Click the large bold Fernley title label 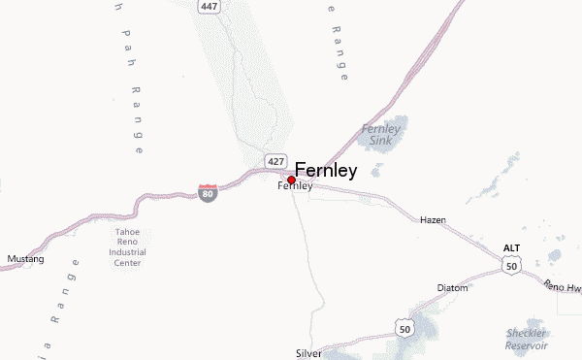coord(326,170)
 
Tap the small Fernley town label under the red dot coord(295,186)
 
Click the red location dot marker coord(291,180)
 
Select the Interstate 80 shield coord(208,192)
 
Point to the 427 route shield coord(275,159)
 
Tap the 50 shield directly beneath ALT coord(511,265)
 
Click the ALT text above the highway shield coord(511,248)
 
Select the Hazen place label coord(433,220)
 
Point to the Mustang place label coord(25,259)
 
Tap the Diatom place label coord(452,288)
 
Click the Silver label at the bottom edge coord(308,354)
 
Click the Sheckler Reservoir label coord(527,339)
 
